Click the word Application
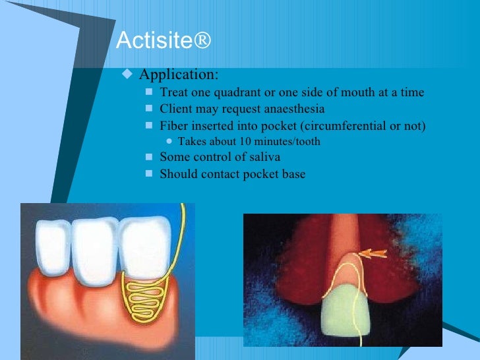pyautogui.click(x=179, y=73)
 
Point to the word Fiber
pyautogui.click(x=173, y=125)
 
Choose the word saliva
pyautogui.click(x=263, y=157)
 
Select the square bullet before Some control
pyautogui.click(x=149, y=157)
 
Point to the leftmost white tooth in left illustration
pyautogui.click(x=52, y=249)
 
